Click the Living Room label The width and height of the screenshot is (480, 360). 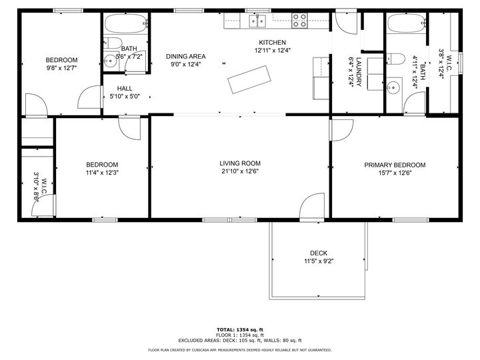(240, 163)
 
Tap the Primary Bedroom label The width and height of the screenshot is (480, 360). (395, 165)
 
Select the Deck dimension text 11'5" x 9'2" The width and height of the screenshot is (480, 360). (319, 261)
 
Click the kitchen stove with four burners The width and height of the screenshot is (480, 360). (299, 21)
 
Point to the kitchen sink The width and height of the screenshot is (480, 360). (257, 21)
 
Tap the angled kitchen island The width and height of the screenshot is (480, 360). (249, 79)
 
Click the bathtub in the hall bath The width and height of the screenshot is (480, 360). (126, 23)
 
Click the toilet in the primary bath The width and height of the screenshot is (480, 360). (395, 59)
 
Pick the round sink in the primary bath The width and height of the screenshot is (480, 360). (393, 88)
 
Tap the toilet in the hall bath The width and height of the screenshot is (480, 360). (113, 43)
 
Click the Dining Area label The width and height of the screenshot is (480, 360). (186, 56)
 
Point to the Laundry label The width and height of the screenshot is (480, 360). (359, 72)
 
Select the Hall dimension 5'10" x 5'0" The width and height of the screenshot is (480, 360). (125, 97)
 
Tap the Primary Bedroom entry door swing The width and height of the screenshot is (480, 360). (341, 130)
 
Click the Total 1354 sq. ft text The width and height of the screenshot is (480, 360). (240, 330)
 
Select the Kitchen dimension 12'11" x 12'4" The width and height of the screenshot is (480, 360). (273, 51)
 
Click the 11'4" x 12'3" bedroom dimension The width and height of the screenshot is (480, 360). (102, 173)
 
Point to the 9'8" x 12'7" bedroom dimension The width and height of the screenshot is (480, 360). (61, 68)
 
